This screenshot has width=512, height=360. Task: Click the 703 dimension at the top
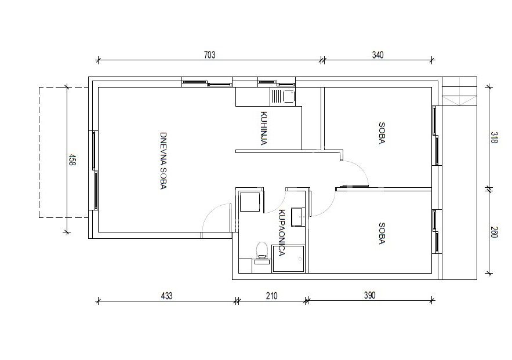[210, 55]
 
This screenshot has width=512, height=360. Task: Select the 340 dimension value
[377, 55]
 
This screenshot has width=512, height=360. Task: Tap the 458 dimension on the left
[72, 160]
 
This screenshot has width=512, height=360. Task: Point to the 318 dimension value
[495, 137]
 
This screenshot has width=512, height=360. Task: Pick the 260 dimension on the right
[495, 232]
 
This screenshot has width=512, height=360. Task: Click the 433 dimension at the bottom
[166, 296]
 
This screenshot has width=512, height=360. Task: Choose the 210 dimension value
[272, 296]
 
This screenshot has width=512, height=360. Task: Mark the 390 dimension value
[369, 295]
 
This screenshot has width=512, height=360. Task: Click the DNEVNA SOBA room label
[164, 161]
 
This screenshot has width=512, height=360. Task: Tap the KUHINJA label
[264, 128]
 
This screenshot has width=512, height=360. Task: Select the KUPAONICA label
[281, 232]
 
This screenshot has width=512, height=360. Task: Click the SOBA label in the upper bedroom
[382, 133]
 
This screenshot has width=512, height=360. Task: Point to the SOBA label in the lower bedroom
[382, 233]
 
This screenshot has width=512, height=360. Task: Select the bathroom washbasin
[298, 216]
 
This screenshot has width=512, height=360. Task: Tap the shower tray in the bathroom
[288, 259]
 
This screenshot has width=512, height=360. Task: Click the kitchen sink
[283, 96]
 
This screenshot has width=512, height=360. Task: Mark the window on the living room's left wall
[95, 170]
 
